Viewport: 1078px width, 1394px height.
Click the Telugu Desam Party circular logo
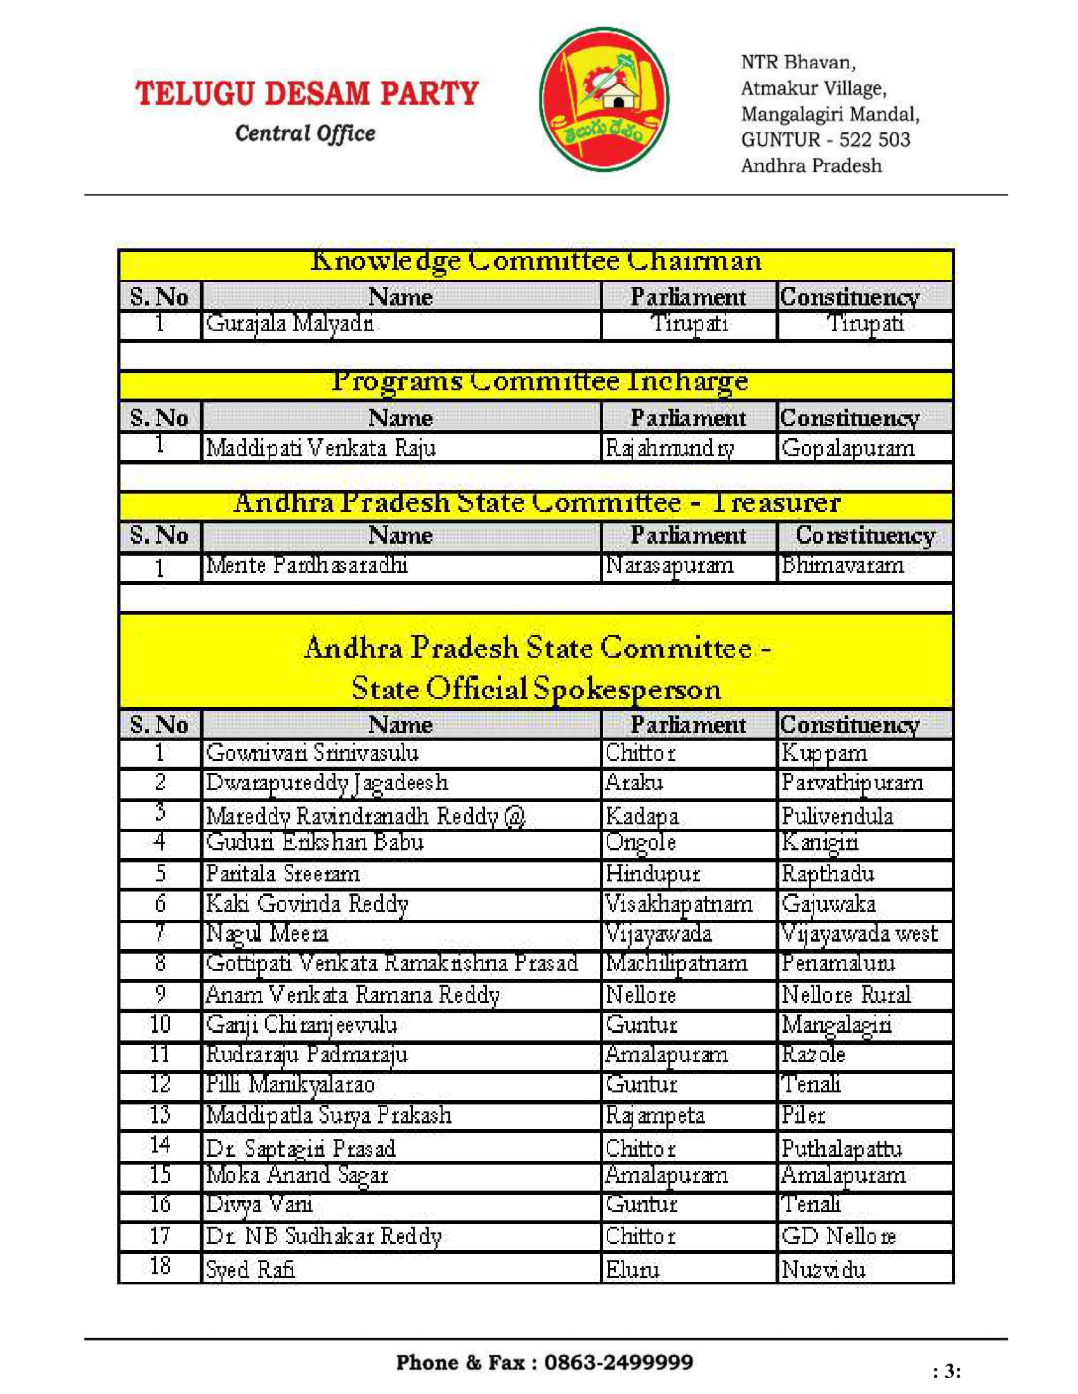point(604,99)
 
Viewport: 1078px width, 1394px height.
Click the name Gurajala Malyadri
point(289,324)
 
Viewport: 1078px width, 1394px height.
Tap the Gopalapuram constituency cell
point(848,448)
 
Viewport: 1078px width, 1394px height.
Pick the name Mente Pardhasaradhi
point(306,565)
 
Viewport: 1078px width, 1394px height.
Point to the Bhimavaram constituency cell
point(843,565)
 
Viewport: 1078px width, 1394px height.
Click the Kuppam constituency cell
point(824,753)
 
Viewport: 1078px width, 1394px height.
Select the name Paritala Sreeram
point(283,873)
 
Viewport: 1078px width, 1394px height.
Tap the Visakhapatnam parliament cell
point(679,904)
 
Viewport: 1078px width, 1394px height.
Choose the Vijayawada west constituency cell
point(860,934)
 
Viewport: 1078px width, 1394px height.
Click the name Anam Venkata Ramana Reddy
point(353,994)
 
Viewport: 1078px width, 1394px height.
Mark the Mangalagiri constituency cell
point(836,1025)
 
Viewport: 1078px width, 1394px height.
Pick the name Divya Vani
point(259,1205)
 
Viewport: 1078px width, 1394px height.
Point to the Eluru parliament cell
point(632,1270)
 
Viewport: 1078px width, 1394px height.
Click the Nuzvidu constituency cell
point(824,1270)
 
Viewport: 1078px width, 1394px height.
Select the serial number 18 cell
point(160,1267)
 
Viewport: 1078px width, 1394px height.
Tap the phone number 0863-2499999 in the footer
point(618,1363)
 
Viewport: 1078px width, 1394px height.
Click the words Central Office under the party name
point(305,134)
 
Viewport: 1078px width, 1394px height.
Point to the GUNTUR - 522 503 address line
point(825,140)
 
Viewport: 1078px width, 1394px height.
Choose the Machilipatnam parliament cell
point(677,963)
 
